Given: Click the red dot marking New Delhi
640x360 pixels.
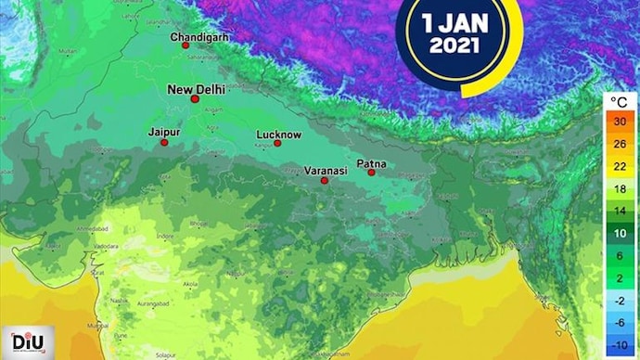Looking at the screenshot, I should click(195, 99).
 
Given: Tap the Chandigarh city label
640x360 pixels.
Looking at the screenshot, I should click(200, 36).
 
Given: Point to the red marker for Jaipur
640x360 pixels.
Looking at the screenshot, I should click(164, 142).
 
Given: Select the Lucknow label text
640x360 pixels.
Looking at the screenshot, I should click(279, 135).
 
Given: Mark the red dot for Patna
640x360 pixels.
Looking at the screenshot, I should click(371, 172).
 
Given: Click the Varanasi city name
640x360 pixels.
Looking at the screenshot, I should click(326, 171).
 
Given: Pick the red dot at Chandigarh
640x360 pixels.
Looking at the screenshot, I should click(186, 45).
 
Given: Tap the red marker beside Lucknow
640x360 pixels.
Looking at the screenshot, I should click(277, 143).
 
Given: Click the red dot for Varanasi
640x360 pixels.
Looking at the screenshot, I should click(325, 180).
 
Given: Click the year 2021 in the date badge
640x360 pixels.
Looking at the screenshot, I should click(454, 44).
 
